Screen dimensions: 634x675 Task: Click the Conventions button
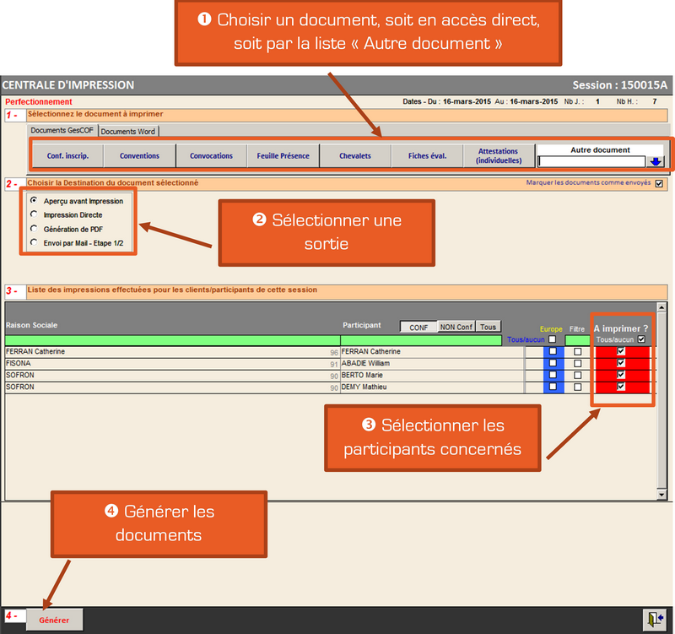tap(139, 155)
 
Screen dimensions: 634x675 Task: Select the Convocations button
tap(211, 155)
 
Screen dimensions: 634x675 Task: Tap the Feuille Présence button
tap(283, 155)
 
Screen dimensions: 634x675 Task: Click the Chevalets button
tap(354, 155)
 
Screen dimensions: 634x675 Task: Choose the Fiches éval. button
tap(427, 155)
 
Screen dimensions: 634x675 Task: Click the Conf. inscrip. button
tap(67, 155)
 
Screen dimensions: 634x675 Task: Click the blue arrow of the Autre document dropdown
tap(656, 161)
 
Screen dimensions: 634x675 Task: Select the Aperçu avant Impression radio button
tap(34, 201)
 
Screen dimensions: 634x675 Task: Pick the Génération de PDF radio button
tap(34, 228)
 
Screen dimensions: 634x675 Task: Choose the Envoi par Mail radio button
tap(34, 241)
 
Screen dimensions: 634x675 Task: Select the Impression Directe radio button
tap(34, 214)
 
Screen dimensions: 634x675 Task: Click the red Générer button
tap(54, 620)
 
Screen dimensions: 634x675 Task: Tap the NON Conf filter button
tap(456, 327)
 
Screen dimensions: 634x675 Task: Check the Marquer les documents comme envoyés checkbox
tap(658, 182)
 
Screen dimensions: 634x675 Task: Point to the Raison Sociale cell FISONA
tap(19, 363)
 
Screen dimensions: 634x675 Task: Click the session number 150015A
tap(644, 85)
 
